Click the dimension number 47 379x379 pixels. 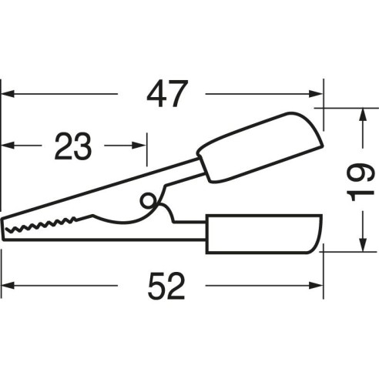pos(166,94)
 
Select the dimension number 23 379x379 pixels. pos(73,146)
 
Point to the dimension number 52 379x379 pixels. pos(166,286)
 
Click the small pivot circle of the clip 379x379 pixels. pos(147,201)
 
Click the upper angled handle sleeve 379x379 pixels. pos(260,147)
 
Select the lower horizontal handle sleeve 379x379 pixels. pos(263,234)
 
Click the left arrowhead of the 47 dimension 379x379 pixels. pos(7,94)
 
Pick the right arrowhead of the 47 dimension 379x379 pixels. pos(316,94)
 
